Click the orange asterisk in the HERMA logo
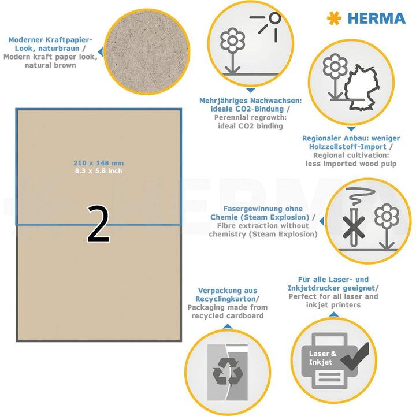tap(334, 18)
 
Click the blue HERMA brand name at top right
tap(376, 18)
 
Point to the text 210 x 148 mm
tap(98, 163)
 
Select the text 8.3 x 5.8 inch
tap(98, 170)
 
